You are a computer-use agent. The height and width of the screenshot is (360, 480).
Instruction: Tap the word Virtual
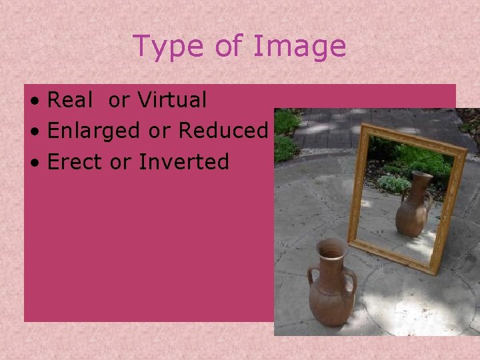coord(172,100)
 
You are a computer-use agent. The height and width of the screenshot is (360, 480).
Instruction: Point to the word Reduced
coord(223,131)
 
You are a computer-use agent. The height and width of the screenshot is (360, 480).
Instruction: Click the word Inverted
coord(184,161)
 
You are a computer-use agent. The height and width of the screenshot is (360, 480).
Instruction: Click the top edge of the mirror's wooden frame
coord(413,139)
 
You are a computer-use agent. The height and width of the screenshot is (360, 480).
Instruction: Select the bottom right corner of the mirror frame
coord(435,272)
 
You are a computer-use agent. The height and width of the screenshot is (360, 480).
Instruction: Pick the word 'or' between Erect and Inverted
coord(123,162)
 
